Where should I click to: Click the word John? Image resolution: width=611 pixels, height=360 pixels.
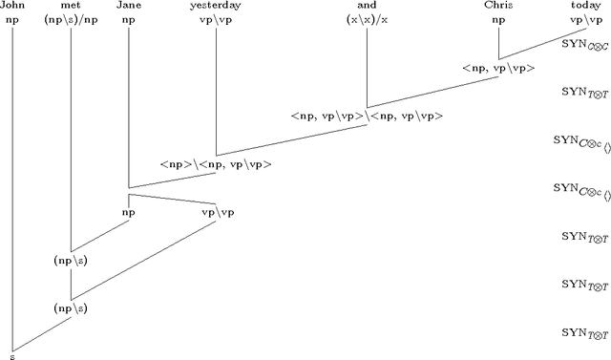(x=12, y=6)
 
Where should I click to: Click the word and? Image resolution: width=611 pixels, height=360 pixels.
(x=368, y=6)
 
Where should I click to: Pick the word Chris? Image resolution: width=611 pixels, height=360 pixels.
(x=498, y=6)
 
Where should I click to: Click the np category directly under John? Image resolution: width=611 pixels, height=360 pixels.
(x=12, y=19)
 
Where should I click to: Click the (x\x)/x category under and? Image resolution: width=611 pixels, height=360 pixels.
(x=368, y=19)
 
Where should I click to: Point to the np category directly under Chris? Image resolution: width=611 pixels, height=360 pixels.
(x=498, y=19)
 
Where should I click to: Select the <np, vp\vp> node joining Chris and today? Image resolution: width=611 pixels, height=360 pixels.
(x=498, y=68)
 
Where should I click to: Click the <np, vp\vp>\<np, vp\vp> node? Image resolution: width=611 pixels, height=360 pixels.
(x=368, y=116)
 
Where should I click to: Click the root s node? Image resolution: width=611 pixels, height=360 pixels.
(x=11, y=355)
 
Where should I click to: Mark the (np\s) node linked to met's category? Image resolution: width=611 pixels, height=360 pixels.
(x=71, y=260)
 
